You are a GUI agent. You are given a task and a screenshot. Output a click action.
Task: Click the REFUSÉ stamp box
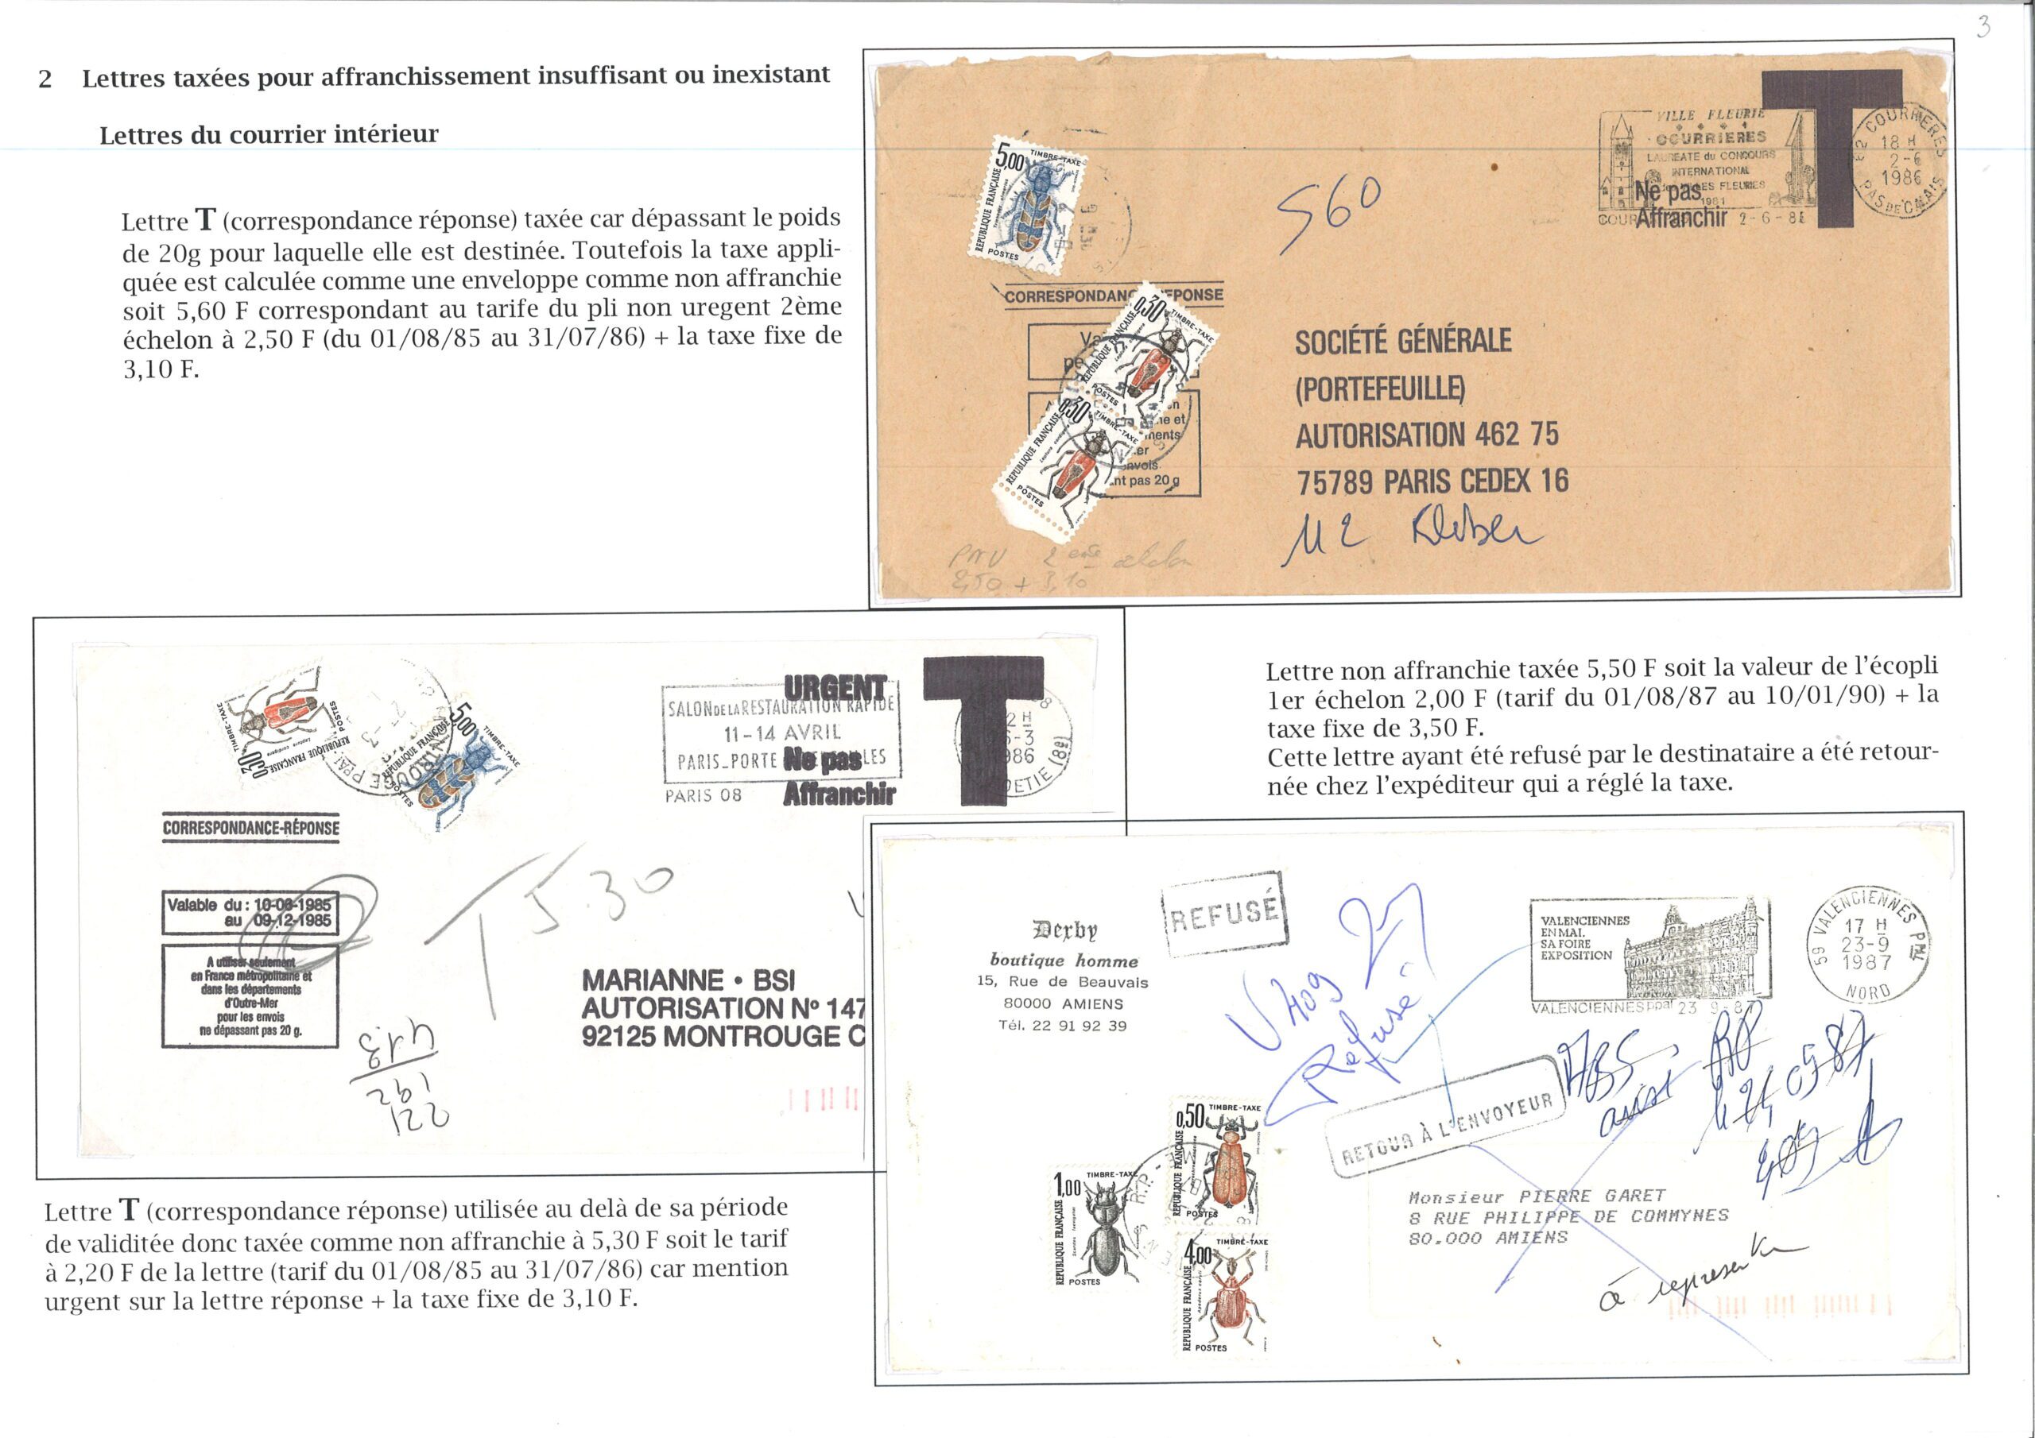[1224, 914]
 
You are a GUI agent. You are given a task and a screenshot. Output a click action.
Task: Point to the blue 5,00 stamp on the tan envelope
[1029, 200]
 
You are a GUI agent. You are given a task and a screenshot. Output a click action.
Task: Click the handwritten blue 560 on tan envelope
[1328, 213]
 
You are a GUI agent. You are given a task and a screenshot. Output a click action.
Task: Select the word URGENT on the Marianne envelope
[834, 687]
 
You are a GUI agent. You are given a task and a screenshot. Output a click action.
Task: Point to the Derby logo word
[1064, 930]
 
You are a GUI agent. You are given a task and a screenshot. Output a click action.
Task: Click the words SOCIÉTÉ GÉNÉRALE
[1403, 340]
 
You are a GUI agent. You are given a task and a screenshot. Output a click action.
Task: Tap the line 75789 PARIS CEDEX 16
[1432, 481]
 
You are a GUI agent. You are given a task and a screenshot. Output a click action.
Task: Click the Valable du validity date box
[249, 913]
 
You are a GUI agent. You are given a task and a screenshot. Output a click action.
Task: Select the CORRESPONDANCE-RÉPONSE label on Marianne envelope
[251, 828]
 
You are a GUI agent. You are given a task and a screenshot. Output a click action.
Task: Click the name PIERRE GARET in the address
[1592, 1195]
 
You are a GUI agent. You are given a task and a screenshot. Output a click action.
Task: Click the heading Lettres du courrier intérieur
[269, 135]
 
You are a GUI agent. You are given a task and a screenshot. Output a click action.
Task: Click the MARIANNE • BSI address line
[688, 980]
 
